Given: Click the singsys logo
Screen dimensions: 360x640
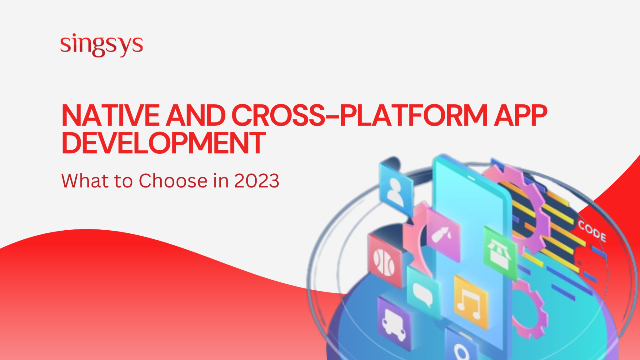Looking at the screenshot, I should pos(102,45).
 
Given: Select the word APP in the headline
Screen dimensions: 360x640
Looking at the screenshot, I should pos(520,115).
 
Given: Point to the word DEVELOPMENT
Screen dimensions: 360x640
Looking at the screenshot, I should pos(163,143).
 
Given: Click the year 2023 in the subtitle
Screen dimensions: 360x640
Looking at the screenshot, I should pos(257,181).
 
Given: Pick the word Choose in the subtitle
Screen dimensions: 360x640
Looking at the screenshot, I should pos(173,181).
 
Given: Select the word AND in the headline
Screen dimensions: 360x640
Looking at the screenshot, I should pos(196,115).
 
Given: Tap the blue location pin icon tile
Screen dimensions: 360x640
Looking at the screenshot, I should pos(461,348).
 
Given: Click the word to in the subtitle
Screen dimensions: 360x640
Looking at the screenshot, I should pos(123,181).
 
